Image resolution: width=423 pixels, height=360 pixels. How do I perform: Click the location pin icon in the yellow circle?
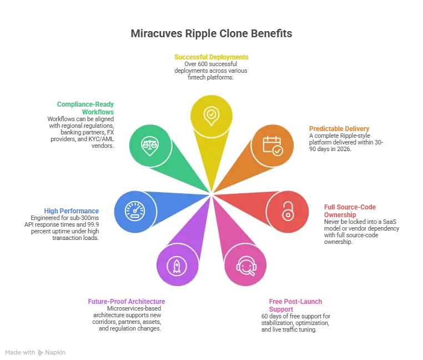(211, 116)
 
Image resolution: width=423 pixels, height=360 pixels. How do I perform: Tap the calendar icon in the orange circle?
(272, 146)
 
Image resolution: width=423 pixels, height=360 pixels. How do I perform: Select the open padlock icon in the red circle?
(287, 211)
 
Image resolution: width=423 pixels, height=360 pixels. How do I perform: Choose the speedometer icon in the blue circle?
(134, 211)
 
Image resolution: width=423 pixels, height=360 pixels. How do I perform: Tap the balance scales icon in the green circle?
(150, 146)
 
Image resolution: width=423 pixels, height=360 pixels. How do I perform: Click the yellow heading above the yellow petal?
(211, 58)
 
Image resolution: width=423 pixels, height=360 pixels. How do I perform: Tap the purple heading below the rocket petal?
(127, 302)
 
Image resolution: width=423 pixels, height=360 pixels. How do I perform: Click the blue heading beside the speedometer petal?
(72, 211)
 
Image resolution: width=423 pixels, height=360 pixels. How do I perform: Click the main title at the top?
(211, 34)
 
